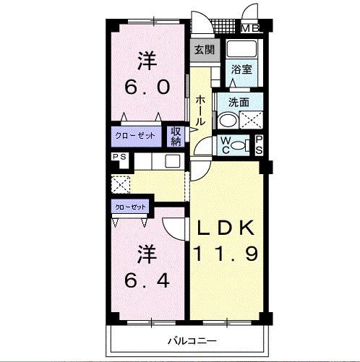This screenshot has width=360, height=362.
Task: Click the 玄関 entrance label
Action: pyautogui.click(x=205, y=50)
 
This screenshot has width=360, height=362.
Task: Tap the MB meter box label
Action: pyautogui.click(x=250, y=28)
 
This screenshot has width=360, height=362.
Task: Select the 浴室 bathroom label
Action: pyautogui.click(x=241, y=69)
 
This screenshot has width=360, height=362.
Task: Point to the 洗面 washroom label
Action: pyautogui.click(x=239, y=103)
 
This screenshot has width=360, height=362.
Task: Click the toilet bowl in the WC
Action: pyautogui.click(x=237, y=145)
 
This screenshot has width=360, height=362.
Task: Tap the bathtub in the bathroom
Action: pyautogui.click(x=241, y=49)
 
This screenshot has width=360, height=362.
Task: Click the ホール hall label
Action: pyautogui.click(x=200, y=111)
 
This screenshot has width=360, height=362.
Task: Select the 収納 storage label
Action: pyautogui.click(x=176, y=137)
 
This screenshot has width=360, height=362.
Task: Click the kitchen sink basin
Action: pyautogui.click(x=172, y=161)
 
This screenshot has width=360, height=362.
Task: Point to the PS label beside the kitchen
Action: pyautogui.click(x=119, y=157)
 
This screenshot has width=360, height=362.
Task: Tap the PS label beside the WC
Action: pyautogui.click(x=259, y=145)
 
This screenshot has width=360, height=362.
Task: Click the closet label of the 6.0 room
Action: pyautogui.click(x=135, y=136)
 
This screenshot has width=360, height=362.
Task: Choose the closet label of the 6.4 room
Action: pyautogui.click(x=130, y=207)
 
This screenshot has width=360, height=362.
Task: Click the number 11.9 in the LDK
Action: pyautogui.click(x=226, y=254)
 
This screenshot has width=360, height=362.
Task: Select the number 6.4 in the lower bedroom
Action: pyautogui.click(x=147, y=280)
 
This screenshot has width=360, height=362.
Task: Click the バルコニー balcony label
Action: pyautogui.click(x=192, y=341)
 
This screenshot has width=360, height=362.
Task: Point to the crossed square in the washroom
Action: pyautogui.click(x=251, y=120)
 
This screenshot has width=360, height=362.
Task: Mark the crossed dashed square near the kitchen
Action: pyautogui.click(x=121, y=185)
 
